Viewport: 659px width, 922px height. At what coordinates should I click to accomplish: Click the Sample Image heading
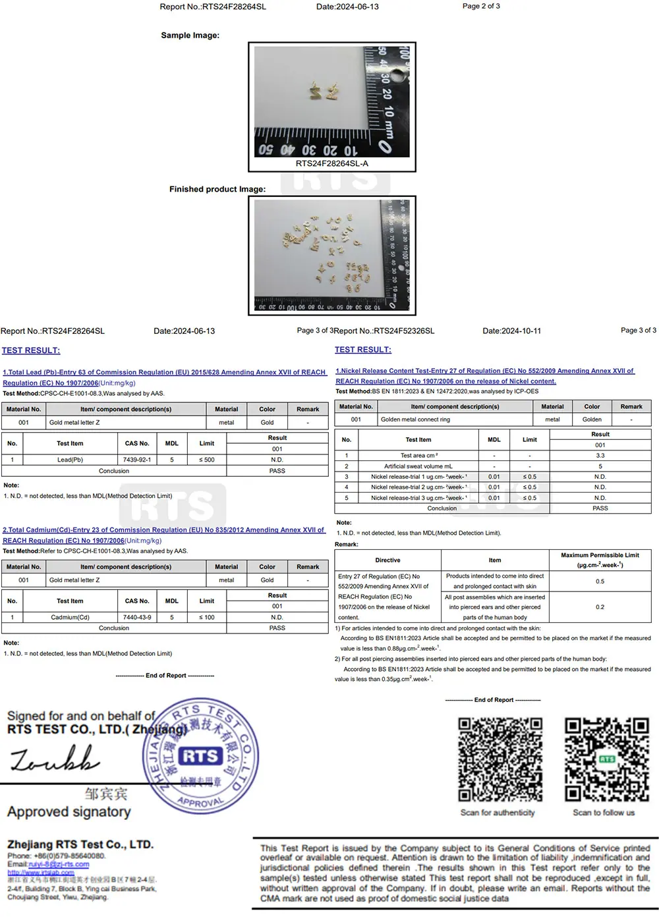(190, 36)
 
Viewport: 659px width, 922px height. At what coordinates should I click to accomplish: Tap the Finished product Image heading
(217, 189)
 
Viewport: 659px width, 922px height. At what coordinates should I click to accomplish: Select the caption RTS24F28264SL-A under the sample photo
(331, 163)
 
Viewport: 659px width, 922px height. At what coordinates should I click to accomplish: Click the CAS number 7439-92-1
(136, 460)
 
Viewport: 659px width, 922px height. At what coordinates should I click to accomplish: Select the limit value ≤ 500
(206, 460)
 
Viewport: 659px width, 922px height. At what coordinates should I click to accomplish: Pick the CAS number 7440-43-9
(136, 617)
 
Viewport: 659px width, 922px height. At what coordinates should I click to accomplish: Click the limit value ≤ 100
(206, 617)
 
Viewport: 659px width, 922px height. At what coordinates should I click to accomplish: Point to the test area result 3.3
(600, 455)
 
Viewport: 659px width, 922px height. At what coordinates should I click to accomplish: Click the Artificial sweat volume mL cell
(418, 466)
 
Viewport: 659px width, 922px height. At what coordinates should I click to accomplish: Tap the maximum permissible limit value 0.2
(600, 607)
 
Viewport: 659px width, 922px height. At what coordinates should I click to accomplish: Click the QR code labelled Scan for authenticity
(500, 759)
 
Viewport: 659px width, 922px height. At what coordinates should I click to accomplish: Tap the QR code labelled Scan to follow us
(606, 759)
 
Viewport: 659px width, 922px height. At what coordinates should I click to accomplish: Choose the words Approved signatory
(69, 812)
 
